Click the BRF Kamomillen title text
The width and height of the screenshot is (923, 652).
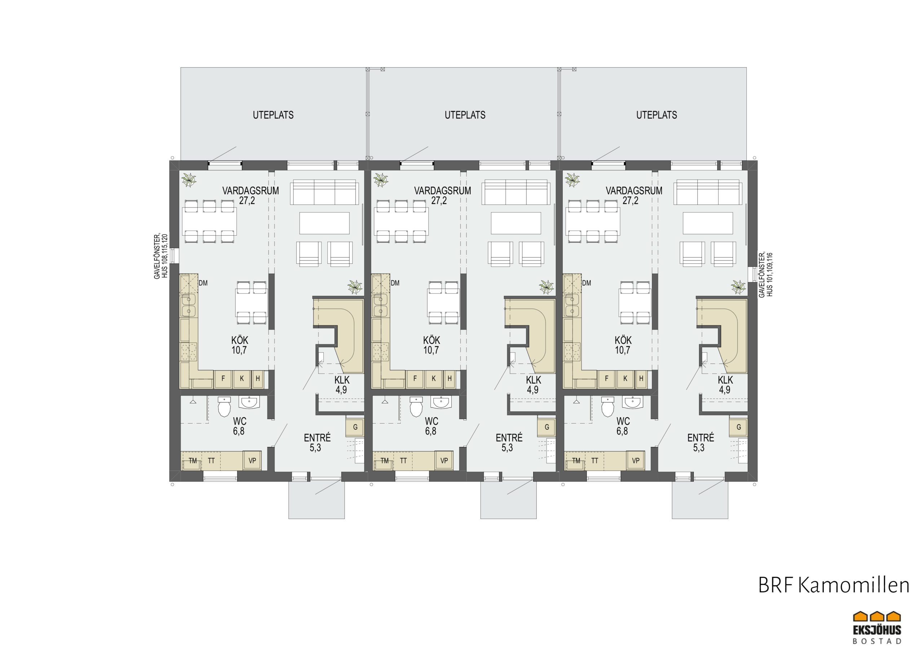click(x=833, y=585)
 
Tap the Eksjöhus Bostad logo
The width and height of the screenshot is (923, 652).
click(x=877, y=627)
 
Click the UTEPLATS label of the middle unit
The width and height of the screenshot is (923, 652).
click(x=465, y=115)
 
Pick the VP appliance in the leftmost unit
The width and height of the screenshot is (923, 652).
click(x=252, y=460)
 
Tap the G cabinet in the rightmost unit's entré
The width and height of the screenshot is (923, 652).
click(x=738, y=427)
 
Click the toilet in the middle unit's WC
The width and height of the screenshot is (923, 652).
click(x=416, y=407)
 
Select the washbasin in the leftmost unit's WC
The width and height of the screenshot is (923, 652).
click(x=249, y=402)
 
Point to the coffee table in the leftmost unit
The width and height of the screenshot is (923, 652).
click(x=324, y=223)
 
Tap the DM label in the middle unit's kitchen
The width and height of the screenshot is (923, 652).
click(x=395, y=283)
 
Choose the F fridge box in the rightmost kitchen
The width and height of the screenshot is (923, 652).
click(x=607, y=379)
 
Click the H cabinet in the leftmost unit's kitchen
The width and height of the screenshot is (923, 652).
click(x=258, y=379)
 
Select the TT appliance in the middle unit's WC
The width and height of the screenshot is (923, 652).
click(x=403, y=460)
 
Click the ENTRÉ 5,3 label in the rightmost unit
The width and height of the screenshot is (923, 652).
click(x=701, y=442)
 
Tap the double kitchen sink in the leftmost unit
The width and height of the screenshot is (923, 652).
click(x=188, y=305)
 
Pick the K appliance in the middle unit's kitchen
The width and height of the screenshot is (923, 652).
click(x=434, y=379)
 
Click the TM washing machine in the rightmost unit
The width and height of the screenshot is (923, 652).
click(x=576, y=460)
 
